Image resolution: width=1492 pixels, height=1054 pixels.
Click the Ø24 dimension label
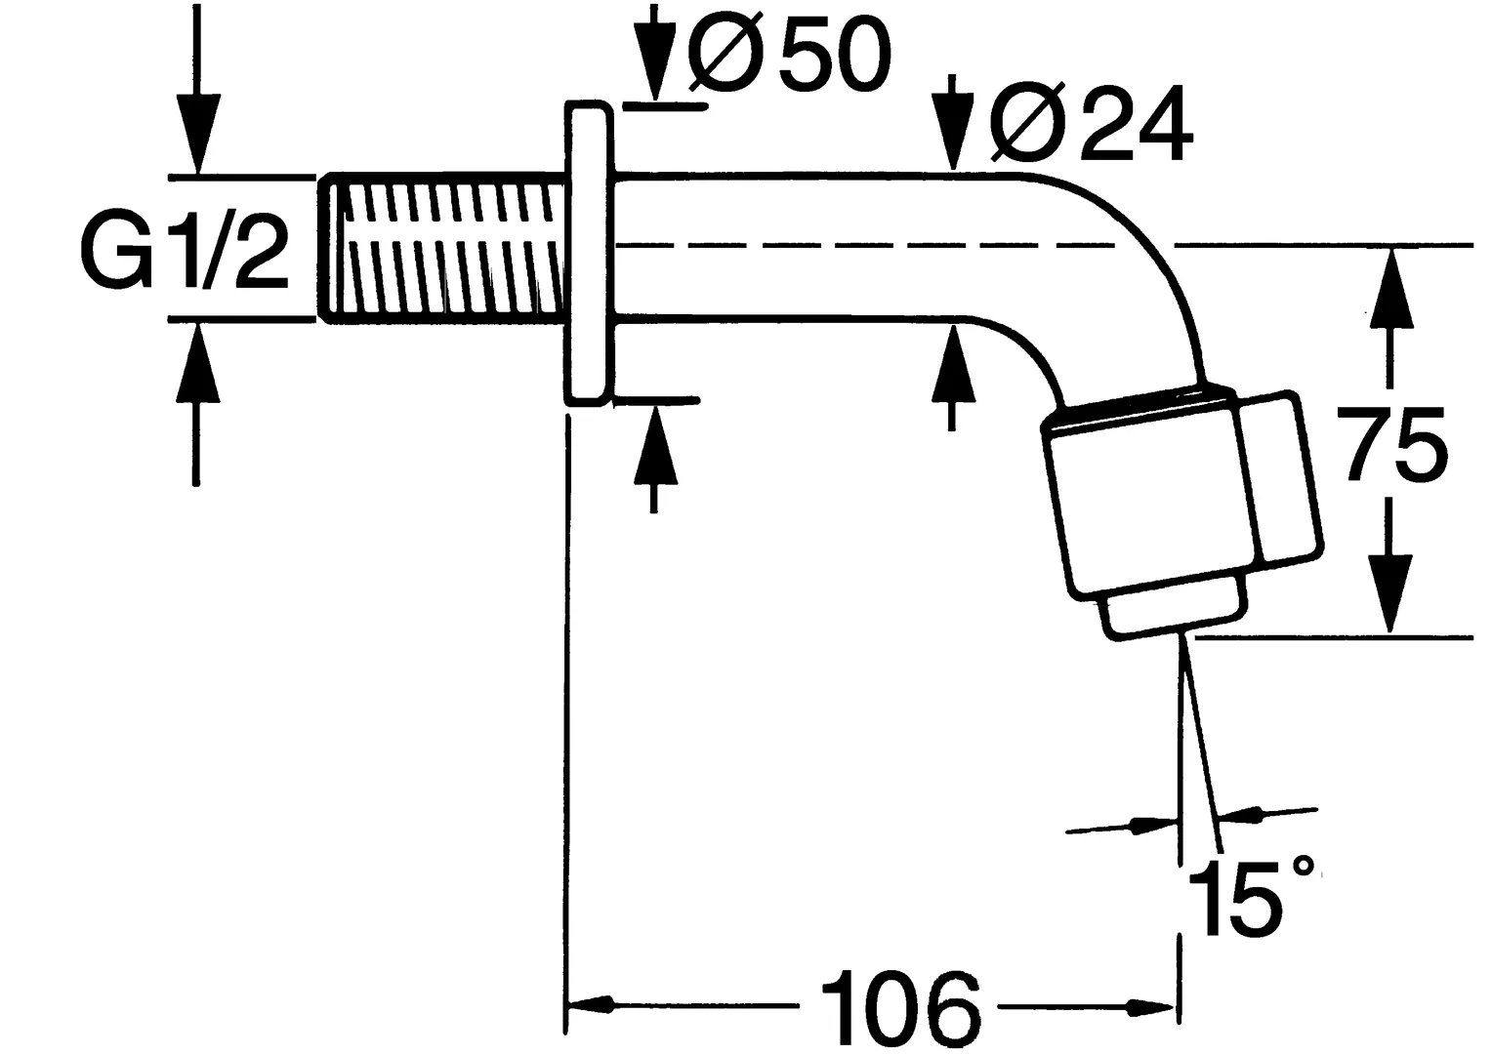click(1091, 125)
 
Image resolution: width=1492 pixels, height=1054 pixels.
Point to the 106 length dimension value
click(899, 1005)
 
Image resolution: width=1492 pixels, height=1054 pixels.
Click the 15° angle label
click(1250, 896)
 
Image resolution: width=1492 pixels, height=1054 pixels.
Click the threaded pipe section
click(444, 248)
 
